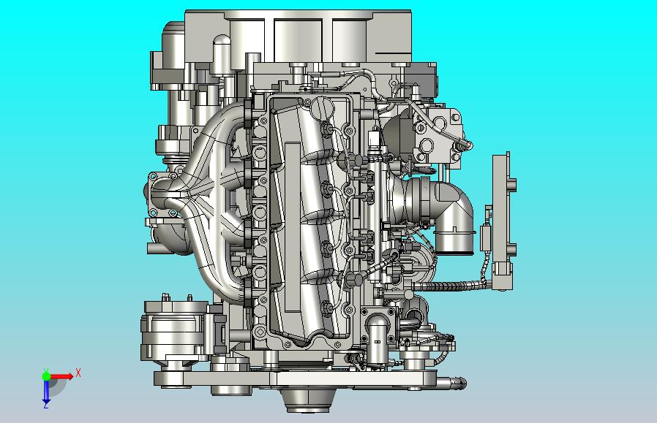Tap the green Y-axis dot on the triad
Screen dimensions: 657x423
[46, 376]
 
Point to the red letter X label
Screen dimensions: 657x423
[78, 373]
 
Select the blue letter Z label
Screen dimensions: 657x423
[46, 406]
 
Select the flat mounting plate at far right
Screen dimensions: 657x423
[503, 222]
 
